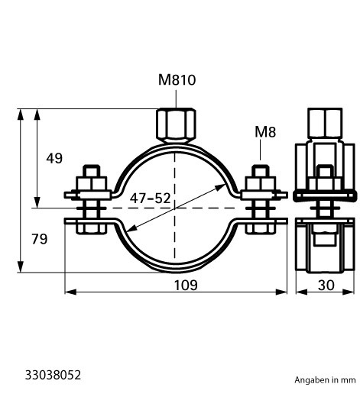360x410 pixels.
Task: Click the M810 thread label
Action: [x=177, y=80]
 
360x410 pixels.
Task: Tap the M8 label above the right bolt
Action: [x=265, y=132]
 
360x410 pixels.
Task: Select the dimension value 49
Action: [x=54, y=159]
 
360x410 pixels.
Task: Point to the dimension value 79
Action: [x=40, y=239]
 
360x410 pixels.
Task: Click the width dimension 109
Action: [x=186, y=285]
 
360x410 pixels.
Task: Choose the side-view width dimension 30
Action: [x=326, y=285]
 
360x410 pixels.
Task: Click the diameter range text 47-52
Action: [x=151, y=199]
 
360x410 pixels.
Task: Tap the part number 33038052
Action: [x=54, y=375]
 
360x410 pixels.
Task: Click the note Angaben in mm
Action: [x=325, y=380]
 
